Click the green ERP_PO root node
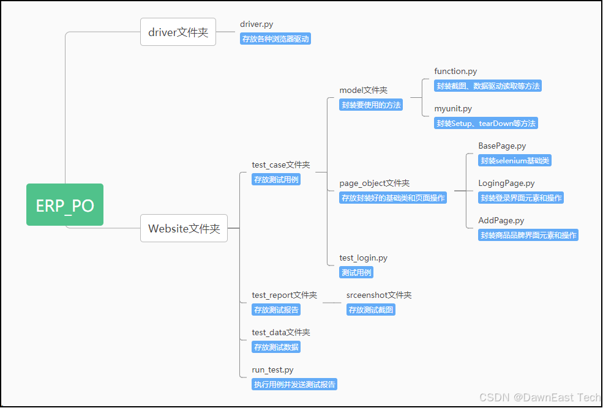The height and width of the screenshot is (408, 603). click(65, 205)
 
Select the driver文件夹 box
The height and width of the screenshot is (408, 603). click(178, 32)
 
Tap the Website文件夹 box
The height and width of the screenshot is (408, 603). click(184, 228)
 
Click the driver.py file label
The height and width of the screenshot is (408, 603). click(257, 24)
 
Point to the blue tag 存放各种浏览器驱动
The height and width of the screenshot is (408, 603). click(275, 39)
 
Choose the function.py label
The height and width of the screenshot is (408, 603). click(455, 72)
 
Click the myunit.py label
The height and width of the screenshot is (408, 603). click(453, 108)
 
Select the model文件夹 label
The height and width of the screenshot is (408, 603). click(364, 90)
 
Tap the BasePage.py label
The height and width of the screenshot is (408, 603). click(502, 146)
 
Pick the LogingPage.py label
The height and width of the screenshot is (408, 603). click(506, 183)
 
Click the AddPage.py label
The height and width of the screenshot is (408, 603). click(501, 220)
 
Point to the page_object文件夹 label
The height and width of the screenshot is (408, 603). click(375, 183)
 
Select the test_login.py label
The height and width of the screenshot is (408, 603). click(364, 258)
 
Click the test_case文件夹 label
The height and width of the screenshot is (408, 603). click(281, 165)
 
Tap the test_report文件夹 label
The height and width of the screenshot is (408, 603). click(285, 295)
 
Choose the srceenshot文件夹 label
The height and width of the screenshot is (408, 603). click(379, 295)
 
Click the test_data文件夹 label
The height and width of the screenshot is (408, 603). click(281, 332)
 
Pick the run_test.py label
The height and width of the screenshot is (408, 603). click(272, 370)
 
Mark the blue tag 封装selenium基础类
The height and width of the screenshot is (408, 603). click(515, 161)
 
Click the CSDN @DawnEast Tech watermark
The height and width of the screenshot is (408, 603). click(539, 398)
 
